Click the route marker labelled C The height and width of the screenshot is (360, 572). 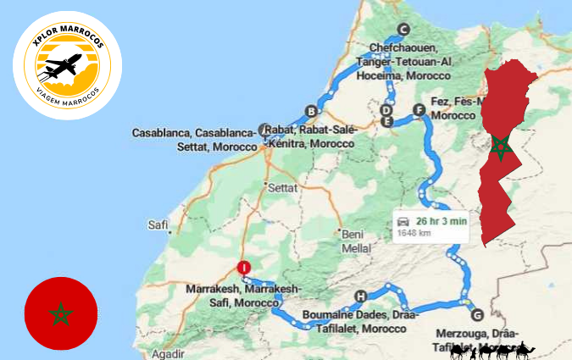403,26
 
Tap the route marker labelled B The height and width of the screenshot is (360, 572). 311,111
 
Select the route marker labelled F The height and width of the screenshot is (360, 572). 418,109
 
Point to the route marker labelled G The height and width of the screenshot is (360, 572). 476,314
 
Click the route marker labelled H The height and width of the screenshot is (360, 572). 361,296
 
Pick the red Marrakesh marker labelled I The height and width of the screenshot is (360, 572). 244,268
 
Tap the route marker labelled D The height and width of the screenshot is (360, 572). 386,110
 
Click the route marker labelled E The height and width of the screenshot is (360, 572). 386,122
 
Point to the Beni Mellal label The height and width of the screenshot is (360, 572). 356,241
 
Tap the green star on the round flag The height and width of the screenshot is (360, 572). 60,314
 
